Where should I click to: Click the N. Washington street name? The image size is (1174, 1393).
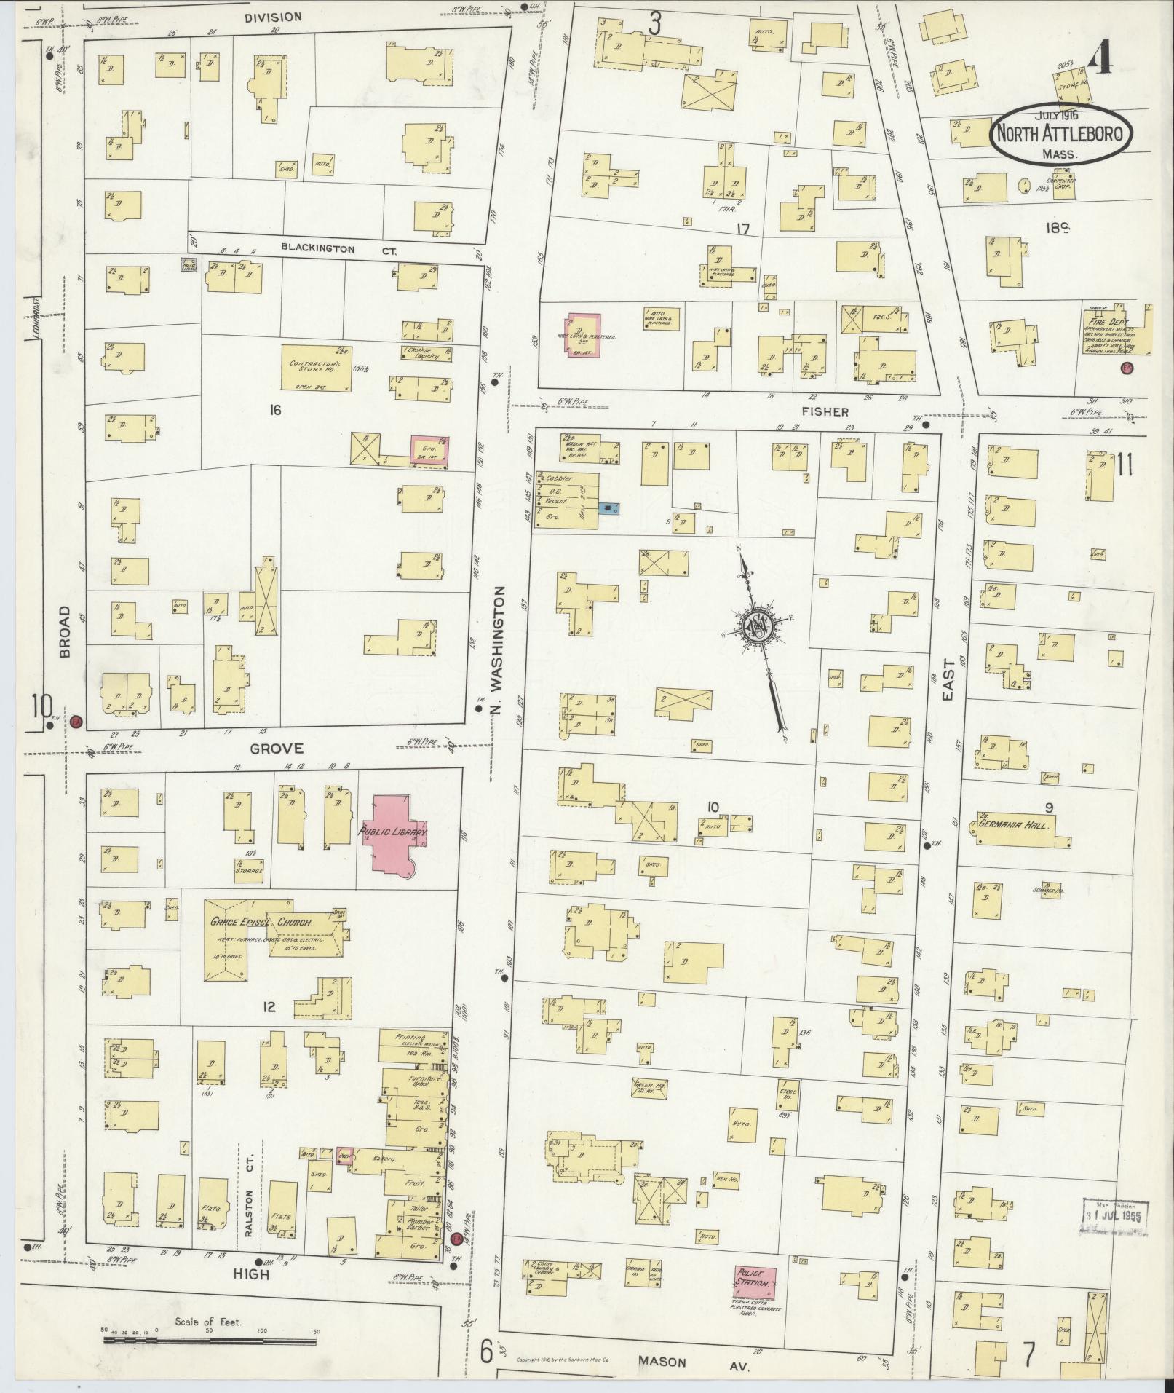click(x=499, y=648)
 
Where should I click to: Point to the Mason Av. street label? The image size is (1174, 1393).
click(x=662, y=1361)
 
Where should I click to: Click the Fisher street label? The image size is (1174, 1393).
click(x=828, y=411)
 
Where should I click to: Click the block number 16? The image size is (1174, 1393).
click(x=274, y=411)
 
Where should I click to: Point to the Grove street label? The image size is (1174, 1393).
click(x=266, y=748)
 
